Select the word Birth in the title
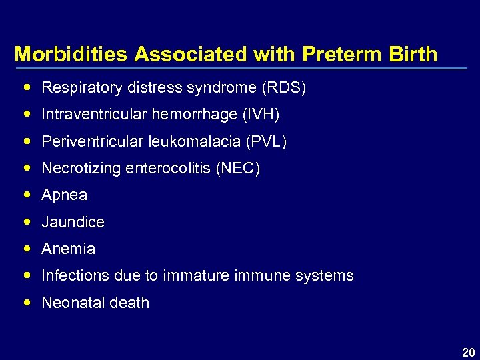point(414,54)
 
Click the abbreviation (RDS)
point(283,87)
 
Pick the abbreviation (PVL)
point(267,141)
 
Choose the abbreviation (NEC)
point(238,169)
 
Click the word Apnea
point(65,195)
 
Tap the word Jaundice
point(73,222)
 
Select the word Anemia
point(69,249)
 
